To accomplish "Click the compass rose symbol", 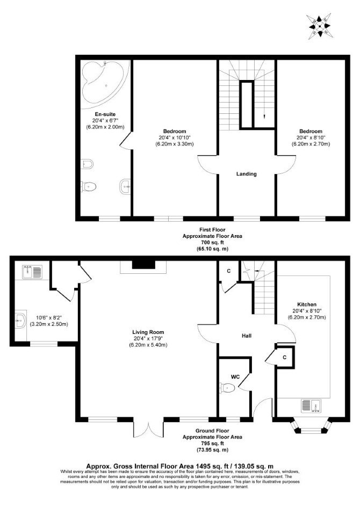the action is [x=320, y=26].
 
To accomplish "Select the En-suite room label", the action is [x=105, y=114].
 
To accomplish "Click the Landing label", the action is [x=246, y=174].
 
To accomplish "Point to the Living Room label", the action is [x=148, y=332].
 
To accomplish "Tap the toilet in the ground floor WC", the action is [x=227, y=388].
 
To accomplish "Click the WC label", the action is [x=235, y=377].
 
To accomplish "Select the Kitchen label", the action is [x=307, y=304].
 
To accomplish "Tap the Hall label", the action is [x=247, y=336].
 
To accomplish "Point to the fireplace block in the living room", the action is [x=143, y=265].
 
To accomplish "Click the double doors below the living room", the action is [x=148, y=428].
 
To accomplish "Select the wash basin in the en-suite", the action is [x=125, y=186].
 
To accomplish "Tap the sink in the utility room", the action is [x=32, y=272].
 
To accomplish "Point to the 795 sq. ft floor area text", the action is [x=212, y=443].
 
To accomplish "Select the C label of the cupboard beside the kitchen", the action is [x=285, y=358].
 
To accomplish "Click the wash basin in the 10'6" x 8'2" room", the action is [x=20, y=321].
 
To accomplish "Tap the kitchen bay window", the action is [x=311, y=426].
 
